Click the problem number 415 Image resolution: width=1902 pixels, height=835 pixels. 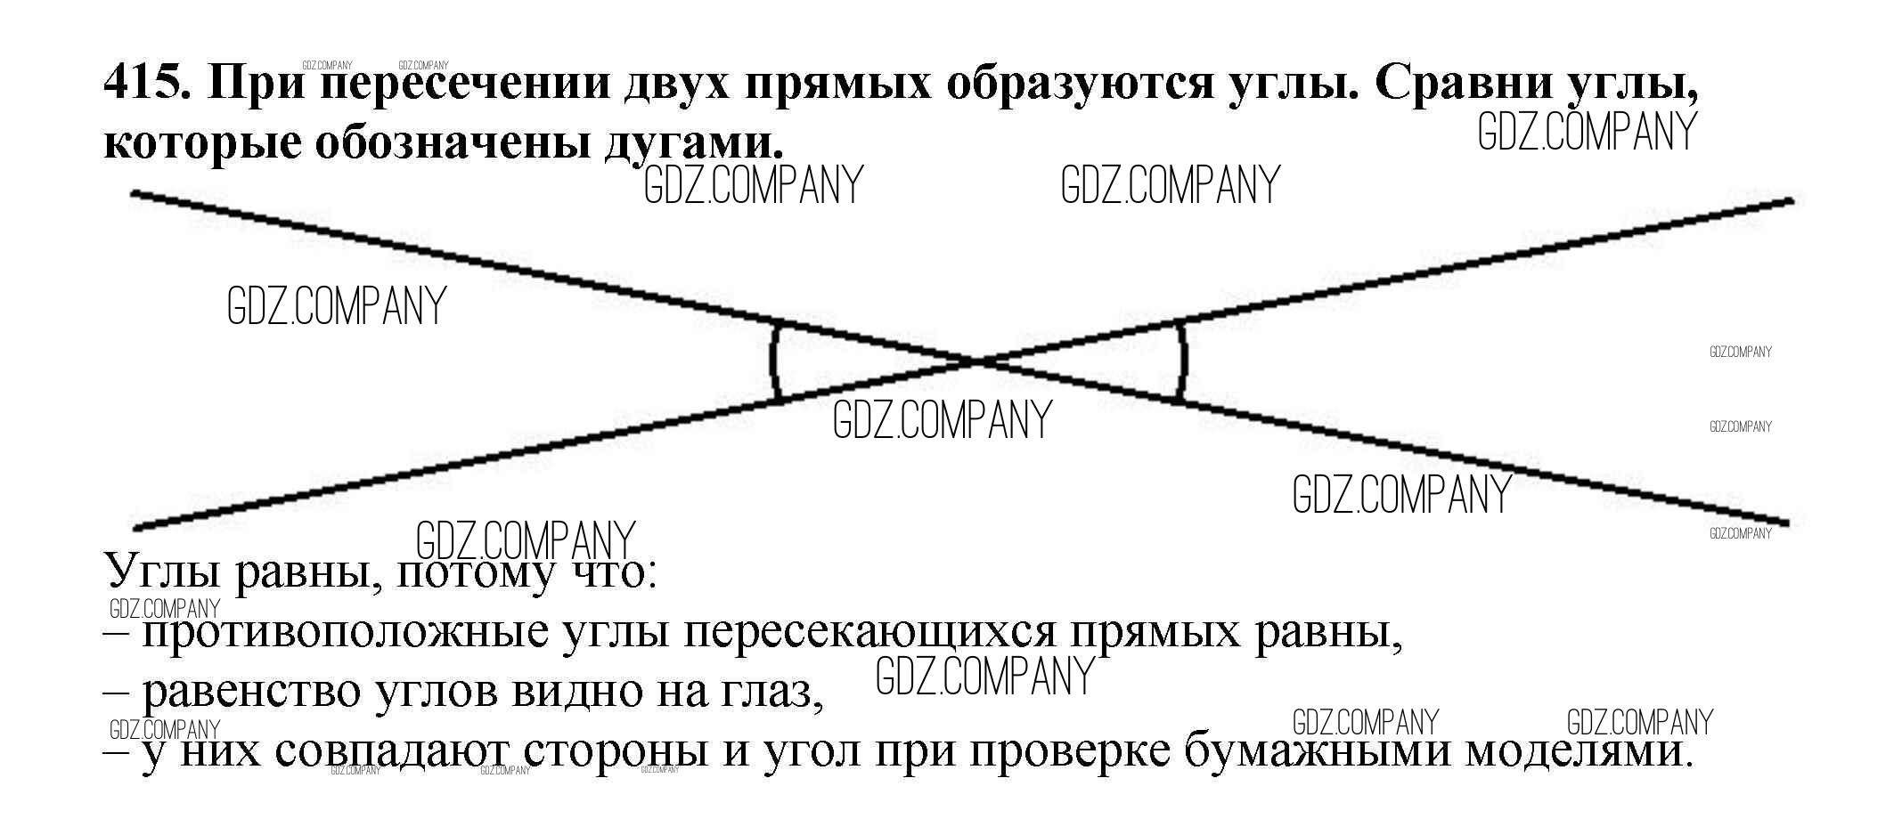click(x=146, y=85)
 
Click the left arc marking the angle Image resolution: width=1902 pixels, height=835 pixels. click(x=773, y=361)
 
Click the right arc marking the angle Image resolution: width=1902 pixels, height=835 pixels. click(x=1184, y=361)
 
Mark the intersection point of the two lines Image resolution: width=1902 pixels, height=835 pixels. click(x=977, y=361)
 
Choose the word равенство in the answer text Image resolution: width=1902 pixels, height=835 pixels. click(x=263, y=692)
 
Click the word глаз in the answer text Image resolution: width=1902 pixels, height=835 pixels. click(x=768, y=692)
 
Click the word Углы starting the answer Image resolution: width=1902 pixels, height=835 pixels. click(x=162, y=572)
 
